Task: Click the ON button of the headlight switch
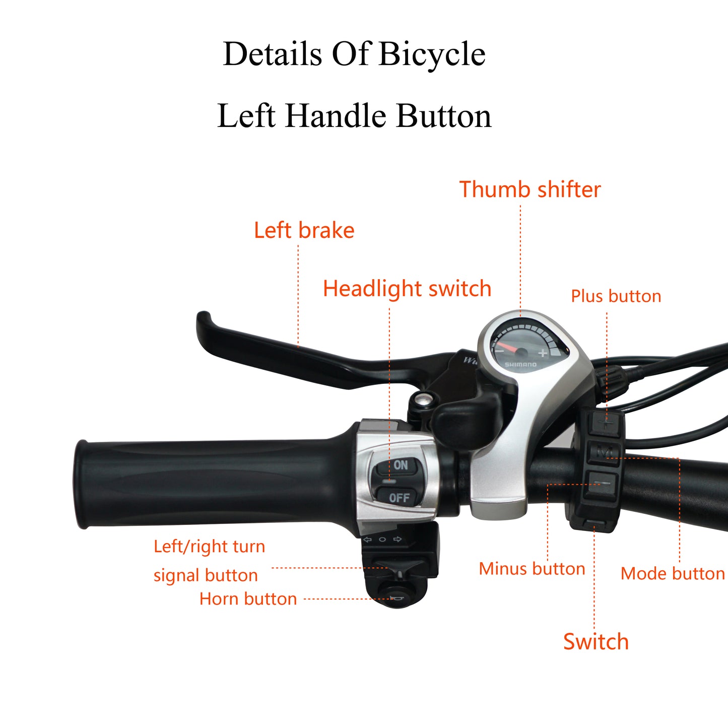[398, 465]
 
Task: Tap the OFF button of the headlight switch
[397, 497]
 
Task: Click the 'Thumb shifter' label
[530, 190]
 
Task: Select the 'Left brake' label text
[304, 230]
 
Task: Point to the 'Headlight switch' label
[407, 289]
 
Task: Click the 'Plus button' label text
[616, 296]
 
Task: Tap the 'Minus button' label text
[532, 569]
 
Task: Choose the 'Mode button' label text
[672, 573]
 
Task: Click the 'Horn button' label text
[248, 599]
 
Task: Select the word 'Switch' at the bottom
[595, 642]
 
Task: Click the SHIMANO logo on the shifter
[520, 364]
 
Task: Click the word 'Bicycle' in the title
[432, 54]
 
